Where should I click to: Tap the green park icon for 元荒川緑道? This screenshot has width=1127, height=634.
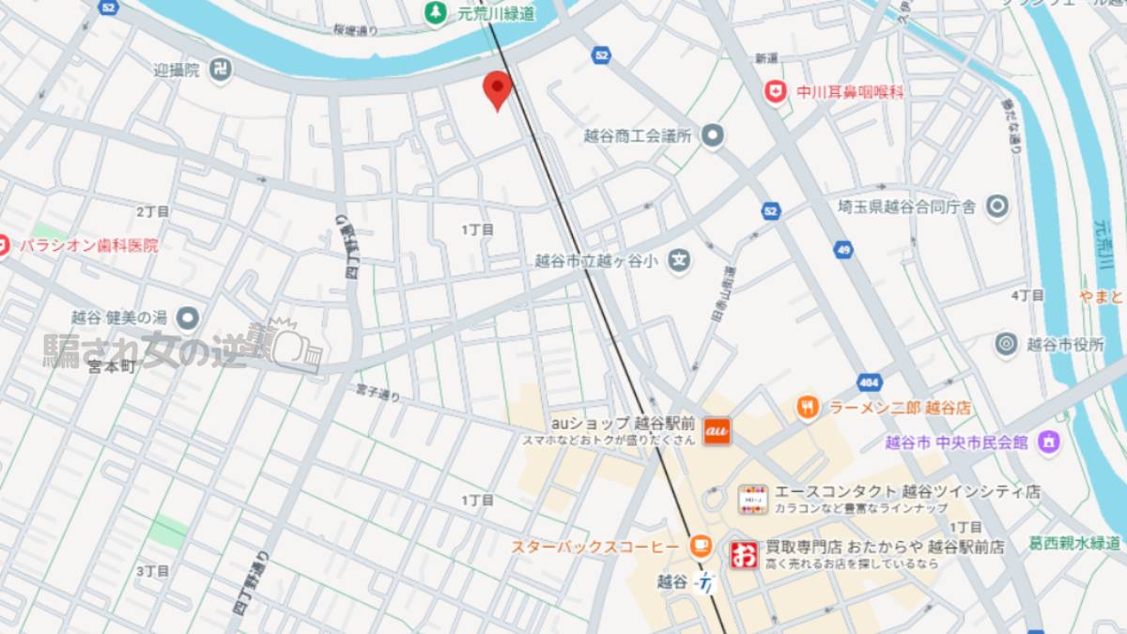pos(436,12)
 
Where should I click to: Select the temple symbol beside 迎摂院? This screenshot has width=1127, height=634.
pos(220,70)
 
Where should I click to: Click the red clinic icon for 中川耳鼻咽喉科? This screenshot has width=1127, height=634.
pos(775,92)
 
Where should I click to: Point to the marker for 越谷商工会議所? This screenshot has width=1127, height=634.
pos(713,136)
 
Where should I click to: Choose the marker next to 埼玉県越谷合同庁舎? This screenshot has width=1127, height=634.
pos(996,206)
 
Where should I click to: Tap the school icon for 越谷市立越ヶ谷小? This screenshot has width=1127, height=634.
pos(679,261)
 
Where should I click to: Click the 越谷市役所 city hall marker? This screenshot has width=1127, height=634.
pos(1007,345)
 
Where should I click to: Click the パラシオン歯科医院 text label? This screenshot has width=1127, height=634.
pos(89,245)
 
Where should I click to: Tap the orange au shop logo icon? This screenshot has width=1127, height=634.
pos(717,430)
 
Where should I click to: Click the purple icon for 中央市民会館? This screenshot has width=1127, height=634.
pos(1049,441)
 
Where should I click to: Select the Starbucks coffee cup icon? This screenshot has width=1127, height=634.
pos(700,547)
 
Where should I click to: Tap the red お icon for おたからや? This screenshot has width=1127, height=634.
pos(744,554)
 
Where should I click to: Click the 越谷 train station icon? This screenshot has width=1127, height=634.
pos(704,582)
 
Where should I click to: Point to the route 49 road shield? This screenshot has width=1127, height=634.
pos(842,249)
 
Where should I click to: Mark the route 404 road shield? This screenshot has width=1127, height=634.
pos(869,382)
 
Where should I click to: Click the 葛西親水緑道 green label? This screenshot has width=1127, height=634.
pos(1073,543)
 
